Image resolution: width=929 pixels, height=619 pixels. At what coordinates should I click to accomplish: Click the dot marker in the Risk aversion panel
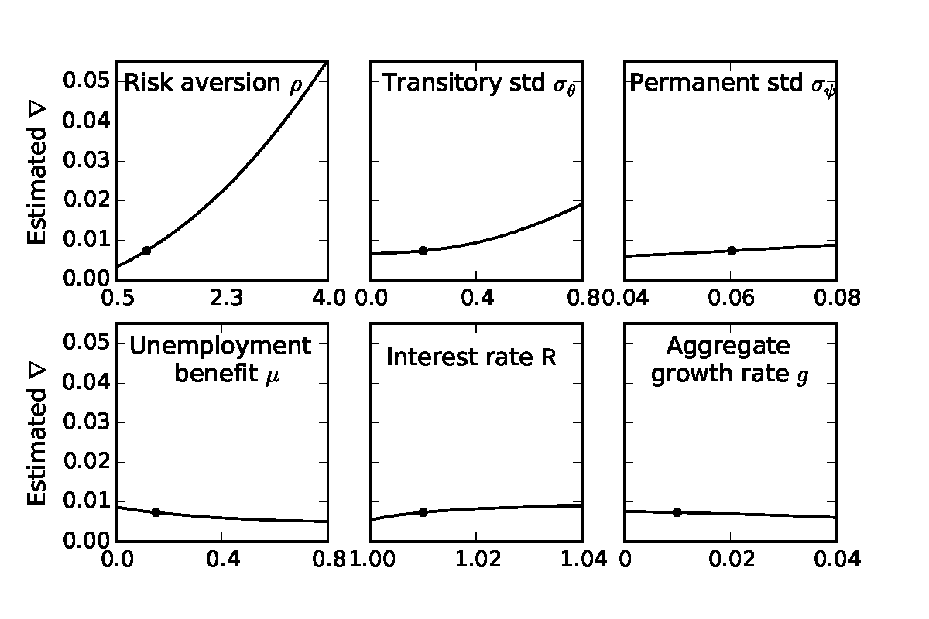click(146, 250)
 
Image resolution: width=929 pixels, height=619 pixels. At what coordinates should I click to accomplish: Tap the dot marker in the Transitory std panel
click(423, 250)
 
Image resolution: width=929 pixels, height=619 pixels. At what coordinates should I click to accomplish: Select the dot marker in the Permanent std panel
click(732, 250)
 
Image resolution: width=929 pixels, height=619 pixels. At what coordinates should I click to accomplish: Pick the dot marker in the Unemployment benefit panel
click(156, 511)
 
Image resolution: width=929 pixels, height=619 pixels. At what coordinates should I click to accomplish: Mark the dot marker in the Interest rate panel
click(423, 511)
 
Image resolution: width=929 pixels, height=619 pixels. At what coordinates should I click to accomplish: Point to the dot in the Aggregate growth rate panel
click(677, 511)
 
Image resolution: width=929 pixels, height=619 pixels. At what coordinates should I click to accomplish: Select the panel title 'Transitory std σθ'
click(482, 83)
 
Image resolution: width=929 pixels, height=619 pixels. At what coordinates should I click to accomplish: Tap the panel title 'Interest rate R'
click(471, 357)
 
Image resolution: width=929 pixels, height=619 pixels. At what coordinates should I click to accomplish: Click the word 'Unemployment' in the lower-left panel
click(220, 345)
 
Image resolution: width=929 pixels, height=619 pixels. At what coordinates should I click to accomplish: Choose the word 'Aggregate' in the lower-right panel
click(728, 345)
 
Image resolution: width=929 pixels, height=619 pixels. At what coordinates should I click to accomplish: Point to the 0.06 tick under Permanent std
click(732, 298)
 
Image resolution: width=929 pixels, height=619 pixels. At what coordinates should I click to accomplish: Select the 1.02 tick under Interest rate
click(476, 559)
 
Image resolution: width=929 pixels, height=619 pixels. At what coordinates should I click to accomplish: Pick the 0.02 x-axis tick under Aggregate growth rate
click(732, 559)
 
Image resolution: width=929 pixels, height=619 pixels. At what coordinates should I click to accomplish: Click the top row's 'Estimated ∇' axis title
click(37, 184)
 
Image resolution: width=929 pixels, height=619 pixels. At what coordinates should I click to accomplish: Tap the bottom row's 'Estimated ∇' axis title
click(37, 446)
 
